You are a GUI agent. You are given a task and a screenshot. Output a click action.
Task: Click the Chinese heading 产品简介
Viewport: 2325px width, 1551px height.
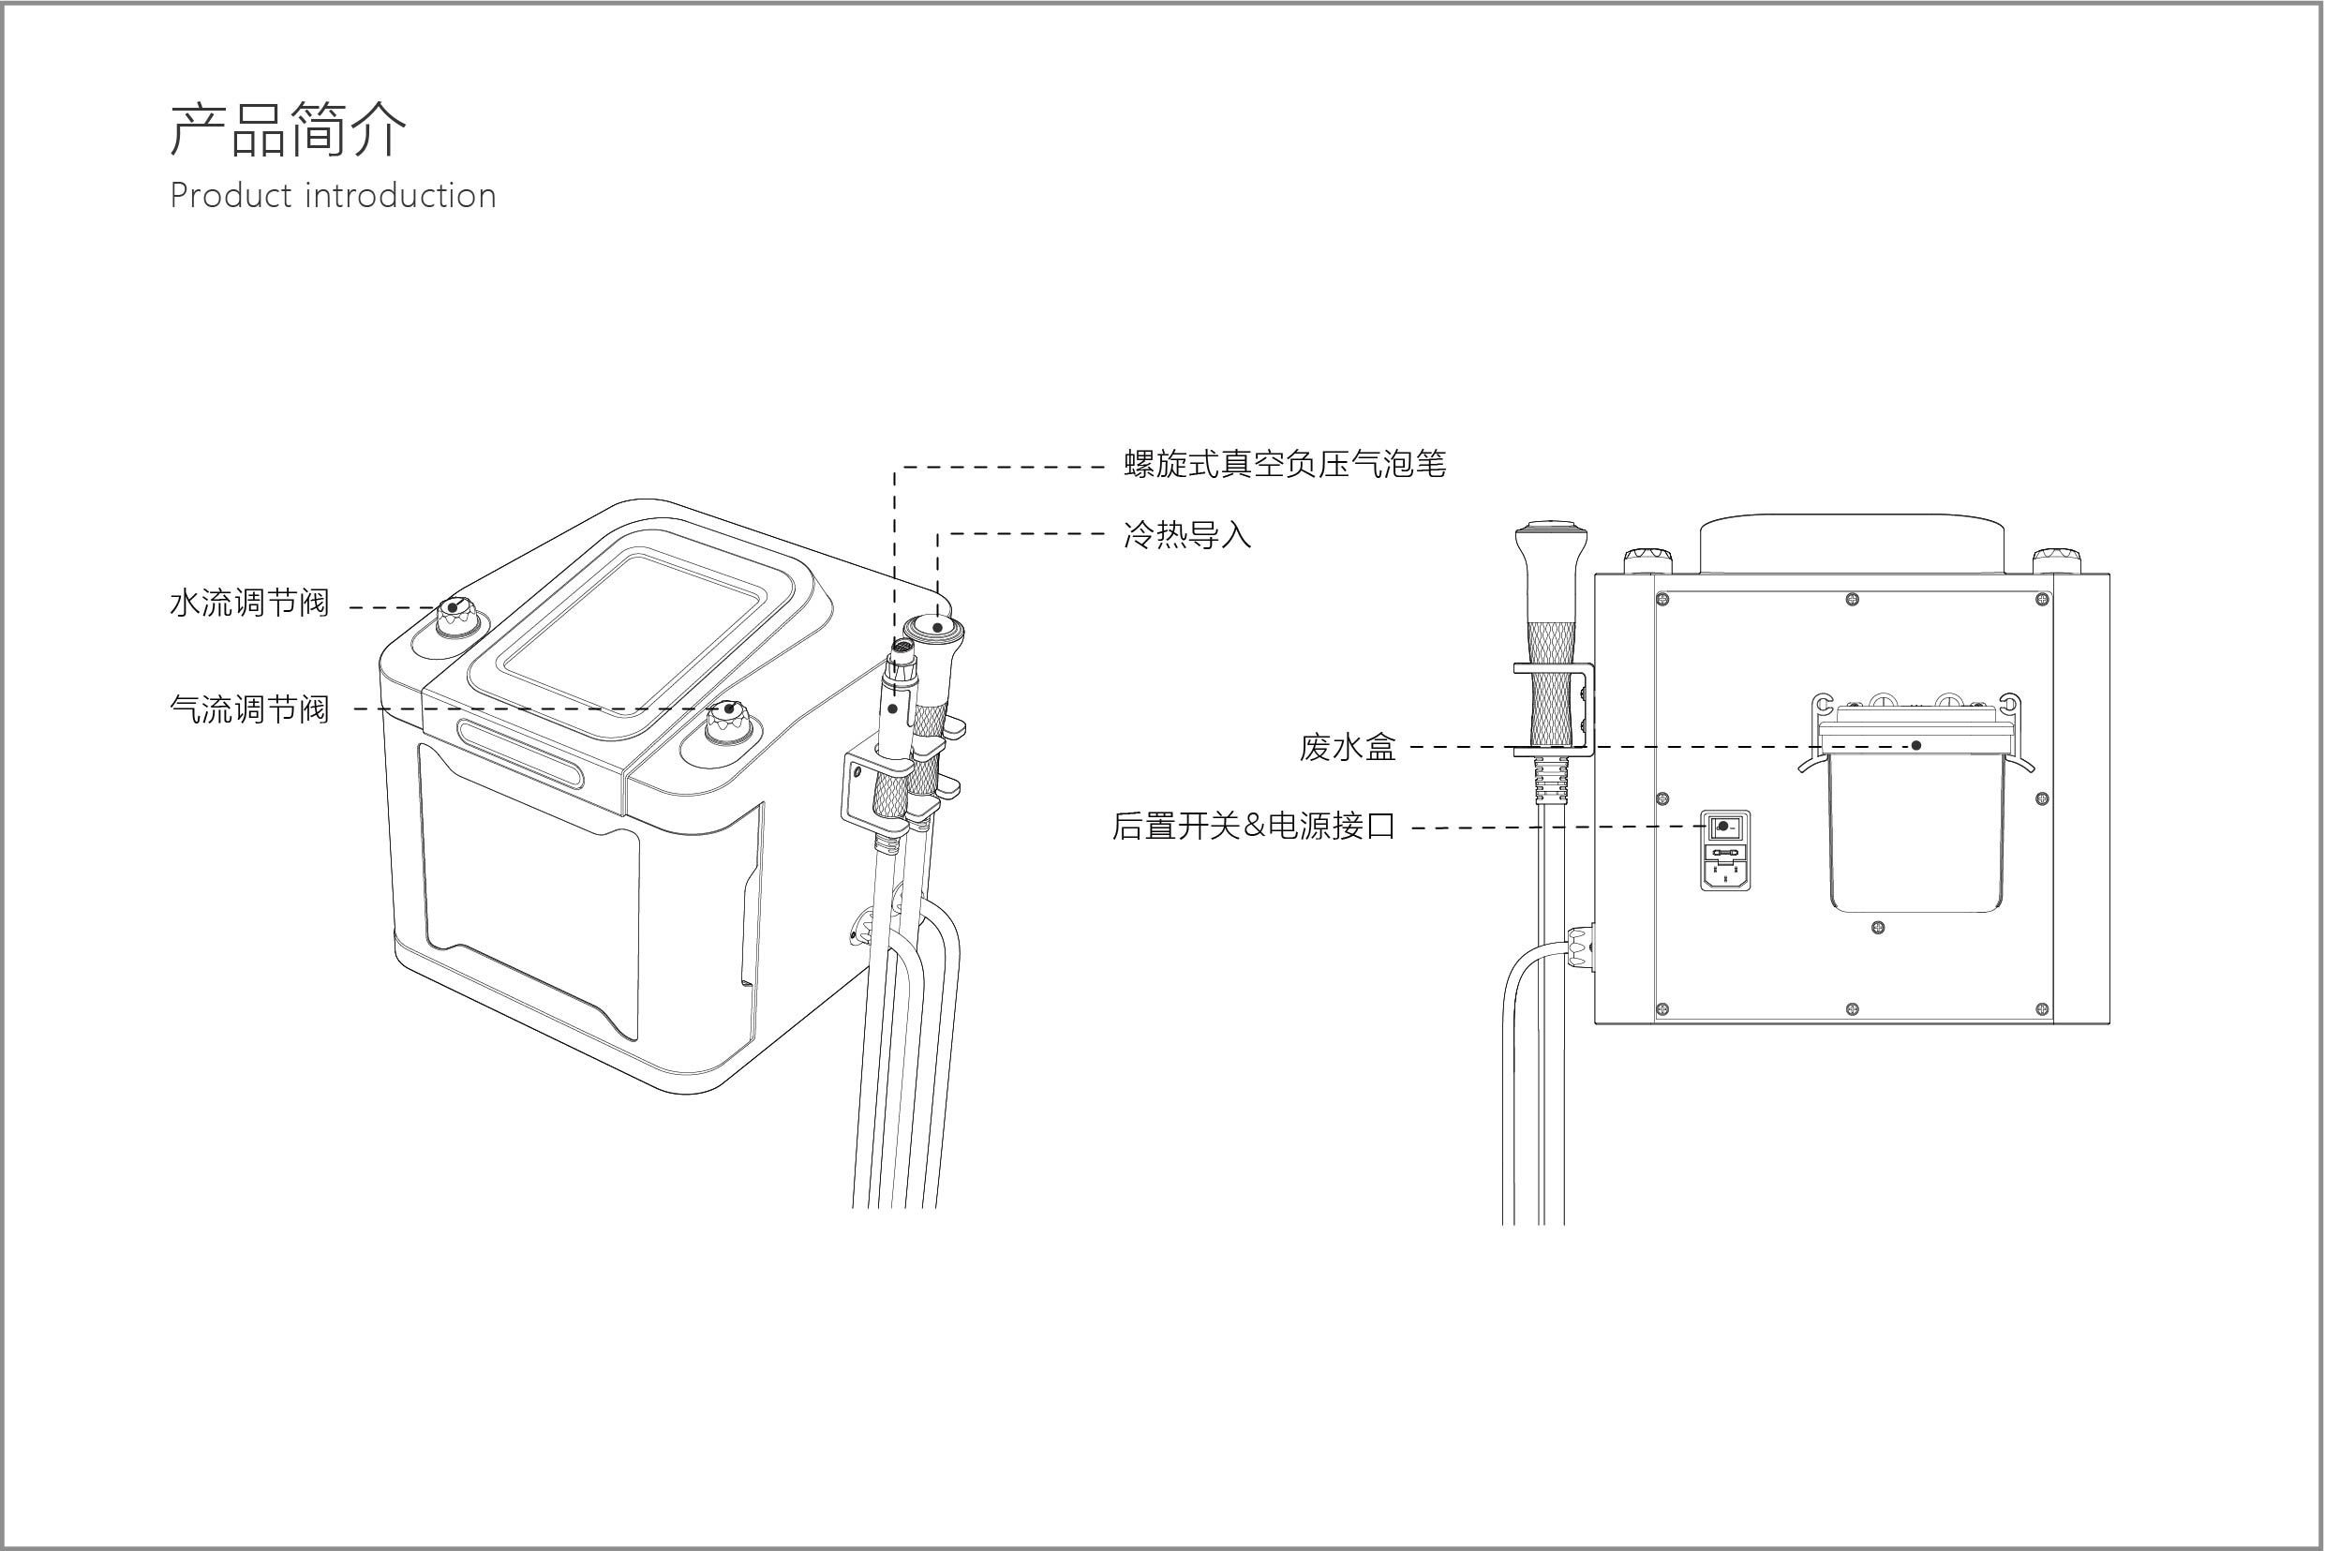(x=288, y=129)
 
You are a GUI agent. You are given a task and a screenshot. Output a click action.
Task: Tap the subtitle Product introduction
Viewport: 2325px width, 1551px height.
(x=333, y=196)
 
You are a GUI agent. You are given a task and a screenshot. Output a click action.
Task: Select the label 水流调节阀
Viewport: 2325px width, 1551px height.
(x=249, y=603)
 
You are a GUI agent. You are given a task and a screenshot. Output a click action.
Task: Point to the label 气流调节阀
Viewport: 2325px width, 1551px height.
(x=249, y=708)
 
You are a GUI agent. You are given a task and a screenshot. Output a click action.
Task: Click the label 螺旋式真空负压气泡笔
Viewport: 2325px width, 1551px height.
(x=1284, y=464)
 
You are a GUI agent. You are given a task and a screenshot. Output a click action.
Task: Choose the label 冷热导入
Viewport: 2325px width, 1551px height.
(x=1186, y=535)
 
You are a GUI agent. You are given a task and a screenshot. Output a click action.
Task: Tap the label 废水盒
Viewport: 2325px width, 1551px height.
(x=1347, y=748)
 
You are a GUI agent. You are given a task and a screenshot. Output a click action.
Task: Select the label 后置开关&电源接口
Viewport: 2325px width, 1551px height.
(x=1253, y=826)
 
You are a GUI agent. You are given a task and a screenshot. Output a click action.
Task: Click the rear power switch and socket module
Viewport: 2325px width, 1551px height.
(x=1724, y=850)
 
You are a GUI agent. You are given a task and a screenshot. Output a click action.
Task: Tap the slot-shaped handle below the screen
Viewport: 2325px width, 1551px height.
(x=522, y=752)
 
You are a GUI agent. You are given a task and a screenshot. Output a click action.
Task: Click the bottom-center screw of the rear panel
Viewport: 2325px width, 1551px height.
(x=1853, y=1009)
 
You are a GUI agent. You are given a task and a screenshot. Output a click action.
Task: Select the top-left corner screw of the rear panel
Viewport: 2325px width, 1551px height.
(x=1662, y=600)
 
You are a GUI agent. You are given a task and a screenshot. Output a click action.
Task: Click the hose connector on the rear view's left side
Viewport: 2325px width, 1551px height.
(x=1579, y=947)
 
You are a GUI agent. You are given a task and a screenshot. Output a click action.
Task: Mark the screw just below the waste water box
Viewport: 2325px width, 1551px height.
(x=1878, y=928)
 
